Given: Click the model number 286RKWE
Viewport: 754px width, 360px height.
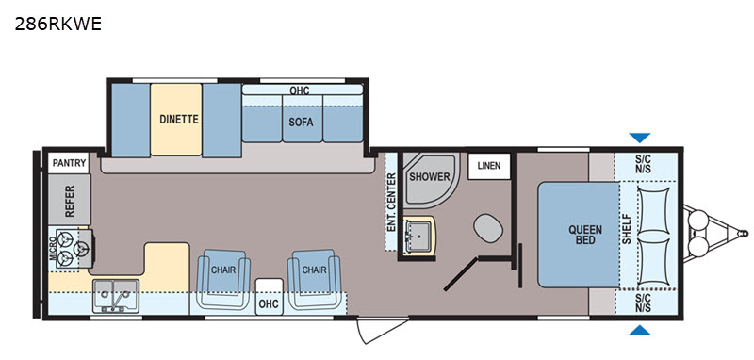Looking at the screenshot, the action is tap(58, 24).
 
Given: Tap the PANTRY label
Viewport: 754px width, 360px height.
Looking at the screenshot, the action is tap(69, 163).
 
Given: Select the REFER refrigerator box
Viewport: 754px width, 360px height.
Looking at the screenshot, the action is tap(69, 200).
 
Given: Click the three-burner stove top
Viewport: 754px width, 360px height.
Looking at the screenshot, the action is tap(74, 248).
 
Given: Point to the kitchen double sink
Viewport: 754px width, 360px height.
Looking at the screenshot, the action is tap(116, 295).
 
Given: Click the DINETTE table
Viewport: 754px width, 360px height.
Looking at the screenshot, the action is tap(176, 119).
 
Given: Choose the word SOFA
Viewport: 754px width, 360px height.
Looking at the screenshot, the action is tap(301, 123).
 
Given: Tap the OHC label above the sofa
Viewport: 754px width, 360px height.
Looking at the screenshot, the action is tap(299, 90).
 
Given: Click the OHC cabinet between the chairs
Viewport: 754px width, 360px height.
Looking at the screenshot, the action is tap(270, 297).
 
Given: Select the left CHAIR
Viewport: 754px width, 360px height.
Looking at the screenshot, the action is tap(223, 279).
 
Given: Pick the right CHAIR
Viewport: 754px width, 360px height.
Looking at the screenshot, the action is tap(315, 279).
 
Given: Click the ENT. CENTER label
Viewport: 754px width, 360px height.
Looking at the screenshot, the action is tap(391, 203).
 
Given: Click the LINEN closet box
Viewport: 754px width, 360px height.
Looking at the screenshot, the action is tap(488, 166).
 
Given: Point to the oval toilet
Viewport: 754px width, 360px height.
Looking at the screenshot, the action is tap(488, 228).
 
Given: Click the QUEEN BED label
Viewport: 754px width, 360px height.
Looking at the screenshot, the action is tap(585, 235).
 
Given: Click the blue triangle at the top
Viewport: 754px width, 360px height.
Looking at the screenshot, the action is tap(640, 138).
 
